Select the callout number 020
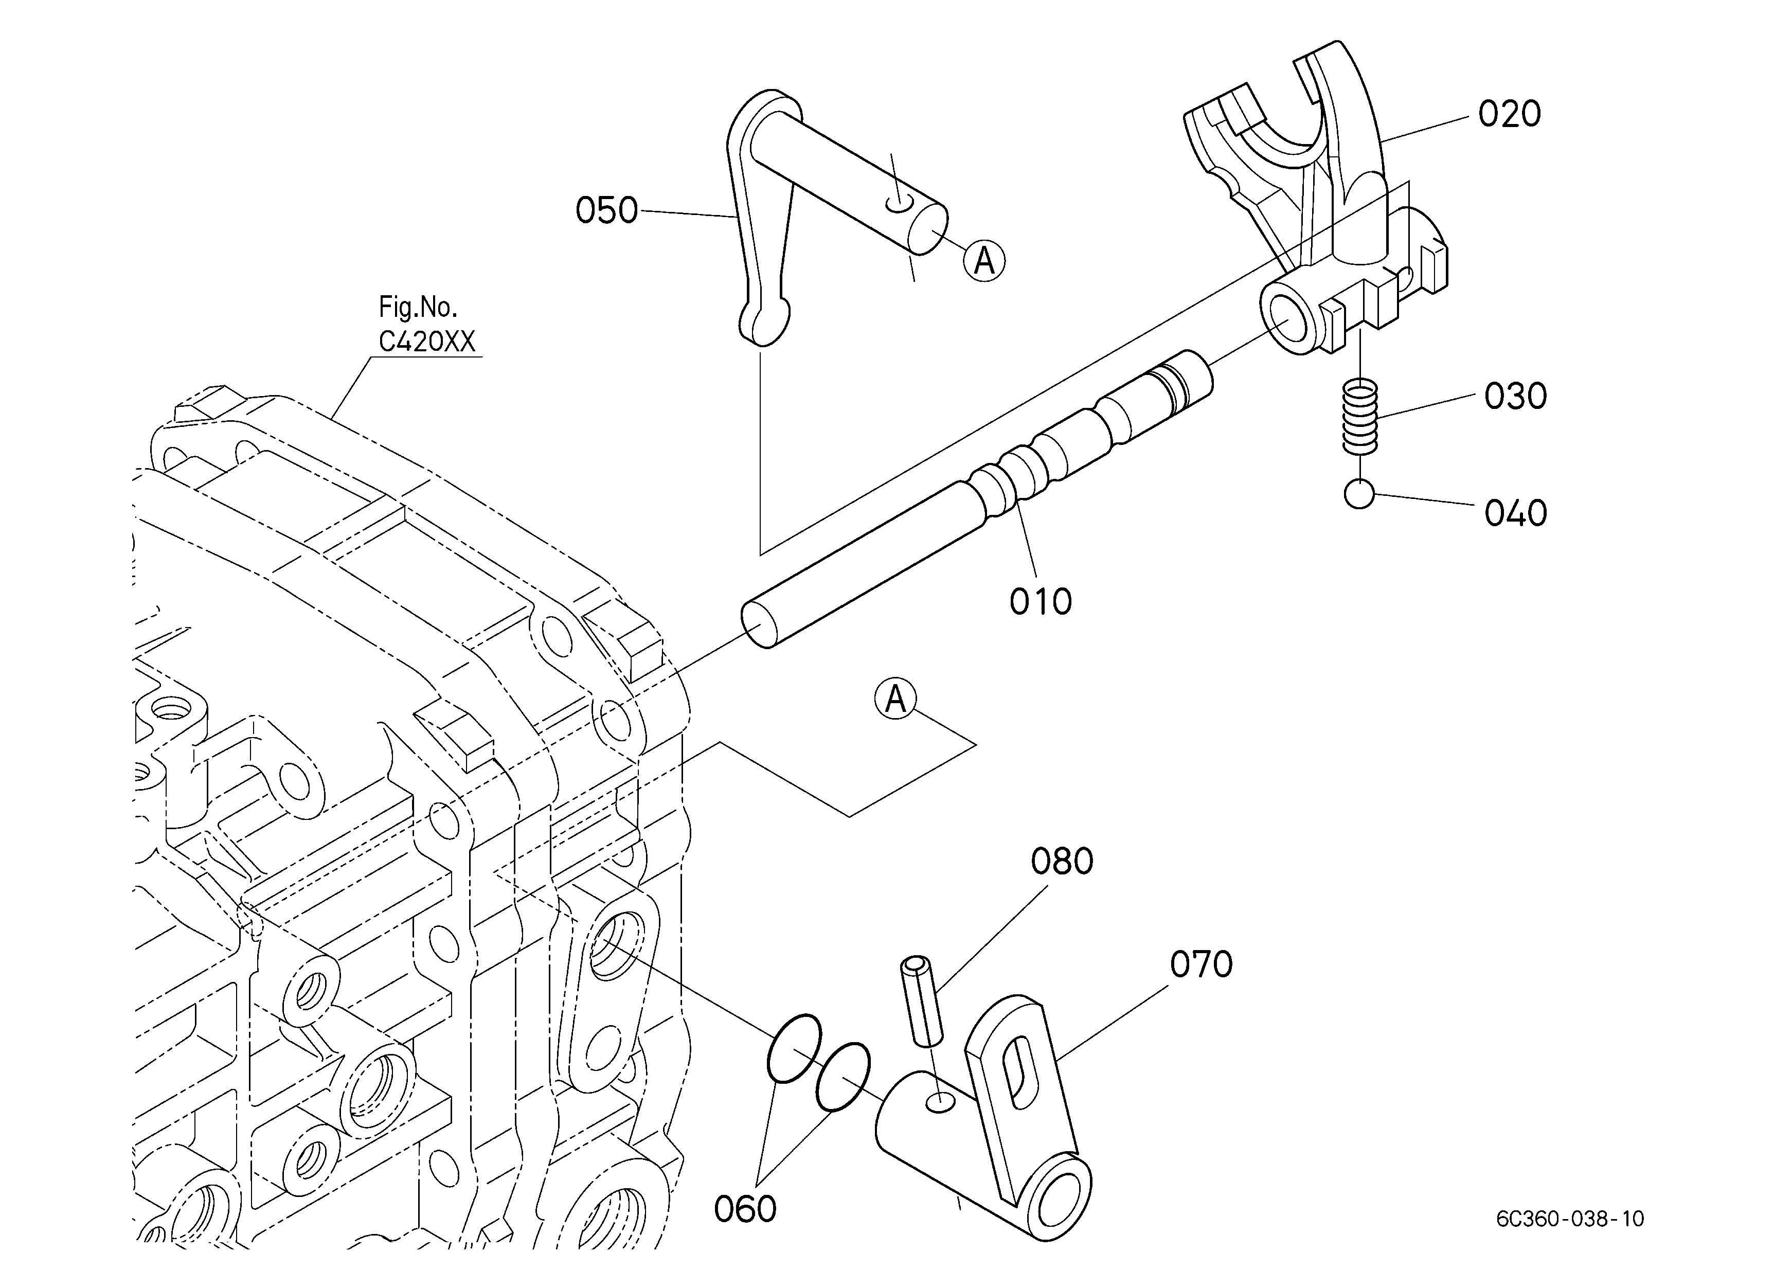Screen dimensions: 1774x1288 coord(1510,114)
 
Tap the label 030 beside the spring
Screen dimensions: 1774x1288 coord(1516,397)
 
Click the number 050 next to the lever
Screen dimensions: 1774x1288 coord(607,210)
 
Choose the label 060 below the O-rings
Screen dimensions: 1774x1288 coord(745,1209)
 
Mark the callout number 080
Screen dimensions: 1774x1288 coord(1062,861)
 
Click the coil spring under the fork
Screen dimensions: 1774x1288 coord(1360,417)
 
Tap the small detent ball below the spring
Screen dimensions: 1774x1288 coord(1359,494)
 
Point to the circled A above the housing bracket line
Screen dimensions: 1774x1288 coord(895,699)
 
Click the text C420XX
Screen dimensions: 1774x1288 coord(427,342)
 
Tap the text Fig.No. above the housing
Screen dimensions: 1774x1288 coord(418,307)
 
